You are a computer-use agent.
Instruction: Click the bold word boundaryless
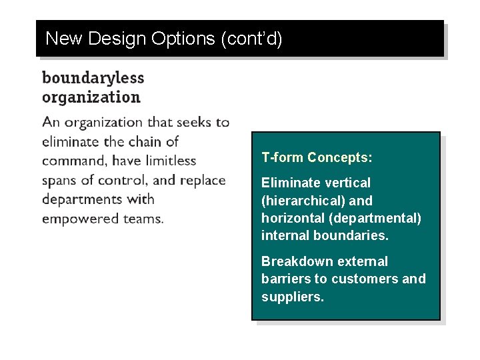click(93, 77)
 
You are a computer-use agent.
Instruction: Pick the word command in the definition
click(74, 161)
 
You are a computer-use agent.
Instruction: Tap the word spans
click(60, 180)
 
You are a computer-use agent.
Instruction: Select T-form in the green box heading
click(282, 158)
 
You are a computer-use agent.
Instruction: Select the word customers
click(365, 279)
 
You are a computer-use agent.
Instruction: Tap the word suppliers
click(292, 297)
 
